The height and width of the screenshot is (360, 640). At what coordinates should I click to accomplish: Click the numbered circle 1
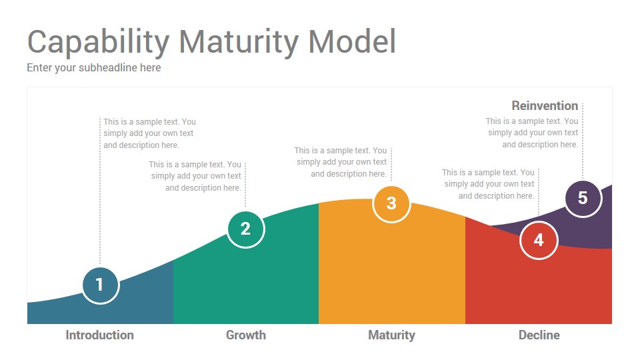tap(101, 285)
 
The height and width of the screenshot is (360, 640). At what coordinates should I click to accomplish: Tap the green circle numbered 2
tap(246, 229)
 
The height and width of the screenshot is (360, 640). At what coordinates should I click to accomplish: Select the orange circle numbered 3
tap(391, 204)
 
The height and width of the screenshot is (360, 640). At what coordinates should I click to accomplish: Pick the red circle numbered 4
tap(539, 241)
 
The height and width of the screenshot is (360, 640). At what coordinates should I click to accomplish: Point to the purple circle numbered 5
tap(583, 199)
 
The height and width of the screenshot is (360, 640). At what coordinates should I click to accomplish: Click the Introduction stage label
tap(99, 335)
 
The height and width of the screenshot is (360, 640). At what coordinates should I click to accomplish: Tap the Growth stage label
tap(246, 335)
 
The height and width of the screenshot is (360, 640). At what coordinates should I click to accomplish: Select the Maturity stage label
tap(391, 335)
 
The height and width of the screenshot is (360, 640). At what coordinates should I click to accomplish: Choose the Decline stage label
tap(539, 335)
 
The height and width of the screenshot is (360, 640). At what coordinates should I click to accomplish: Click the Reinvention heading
tap(545, 106)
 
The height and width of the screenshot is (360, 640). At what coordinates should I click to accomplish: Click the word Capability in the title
tap(99, 43)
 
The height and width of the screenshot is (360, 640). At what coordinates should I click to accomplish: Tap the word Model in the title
tap(352, 41)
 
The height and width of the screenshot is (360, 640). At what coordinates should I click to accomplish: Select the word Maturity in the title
tap(239, 43)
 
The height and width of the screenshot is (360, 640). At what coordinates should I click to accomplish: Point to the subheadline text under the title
tap(94, 68)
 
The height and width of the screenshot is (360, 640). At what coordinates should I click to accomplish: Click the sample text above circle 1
tap(149, 133)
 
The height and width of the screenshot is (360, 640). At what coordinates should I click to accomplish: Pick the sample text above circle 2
tap(195, 176)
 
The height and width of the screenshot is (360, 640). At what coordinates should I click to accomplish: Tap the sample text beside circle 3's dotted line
tap(341, 162)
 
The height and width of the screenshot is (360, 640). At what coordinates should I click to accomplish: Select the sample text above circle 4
tap(488, 184)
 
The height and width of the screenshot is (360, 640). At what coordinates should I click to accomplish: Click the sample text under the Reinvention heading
tap(532, 133)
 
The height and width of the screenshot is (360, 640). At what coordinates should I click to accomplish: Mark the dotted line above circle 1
tap(100, 192)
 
